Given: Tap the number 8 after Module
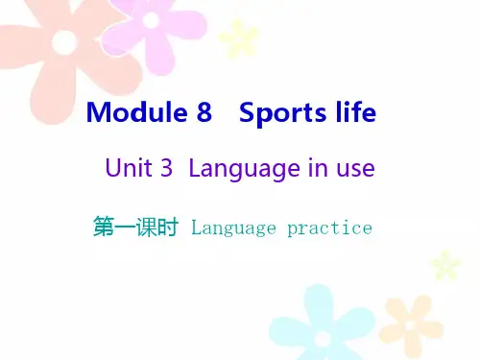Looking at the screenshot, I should tap(203, 113).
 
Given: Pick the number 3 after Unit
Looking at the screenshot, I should tap(167, 170).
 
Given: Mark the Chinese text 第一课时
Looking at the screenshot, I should tap(135, 228).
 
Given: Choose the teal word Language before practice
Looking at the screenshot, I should tap(234, 228).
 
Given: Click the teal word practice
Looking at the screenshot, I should tap(328, 228).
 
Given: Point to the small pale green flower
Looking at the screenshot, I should tap(444, 263).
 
